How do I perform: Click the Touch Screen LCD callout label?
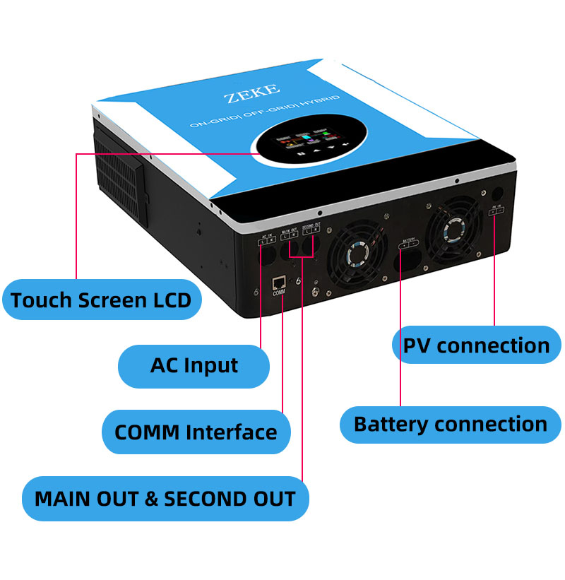coord(101,300)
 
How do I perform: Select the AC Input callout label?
coord(194,366)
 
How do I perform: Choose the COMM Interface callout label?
coord(196,432)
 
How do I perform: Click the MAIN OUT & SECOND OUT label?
coord(165,498)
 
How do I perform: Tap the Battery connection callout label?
coord(451,425)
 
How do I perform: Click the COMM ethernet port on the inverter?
coord(277,283)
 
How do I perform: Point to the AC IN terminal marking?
coord(266,239)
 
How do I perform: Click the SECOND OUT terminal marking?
coord(311,230)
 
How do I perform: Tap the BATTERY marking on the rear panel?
coord(409,243)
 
